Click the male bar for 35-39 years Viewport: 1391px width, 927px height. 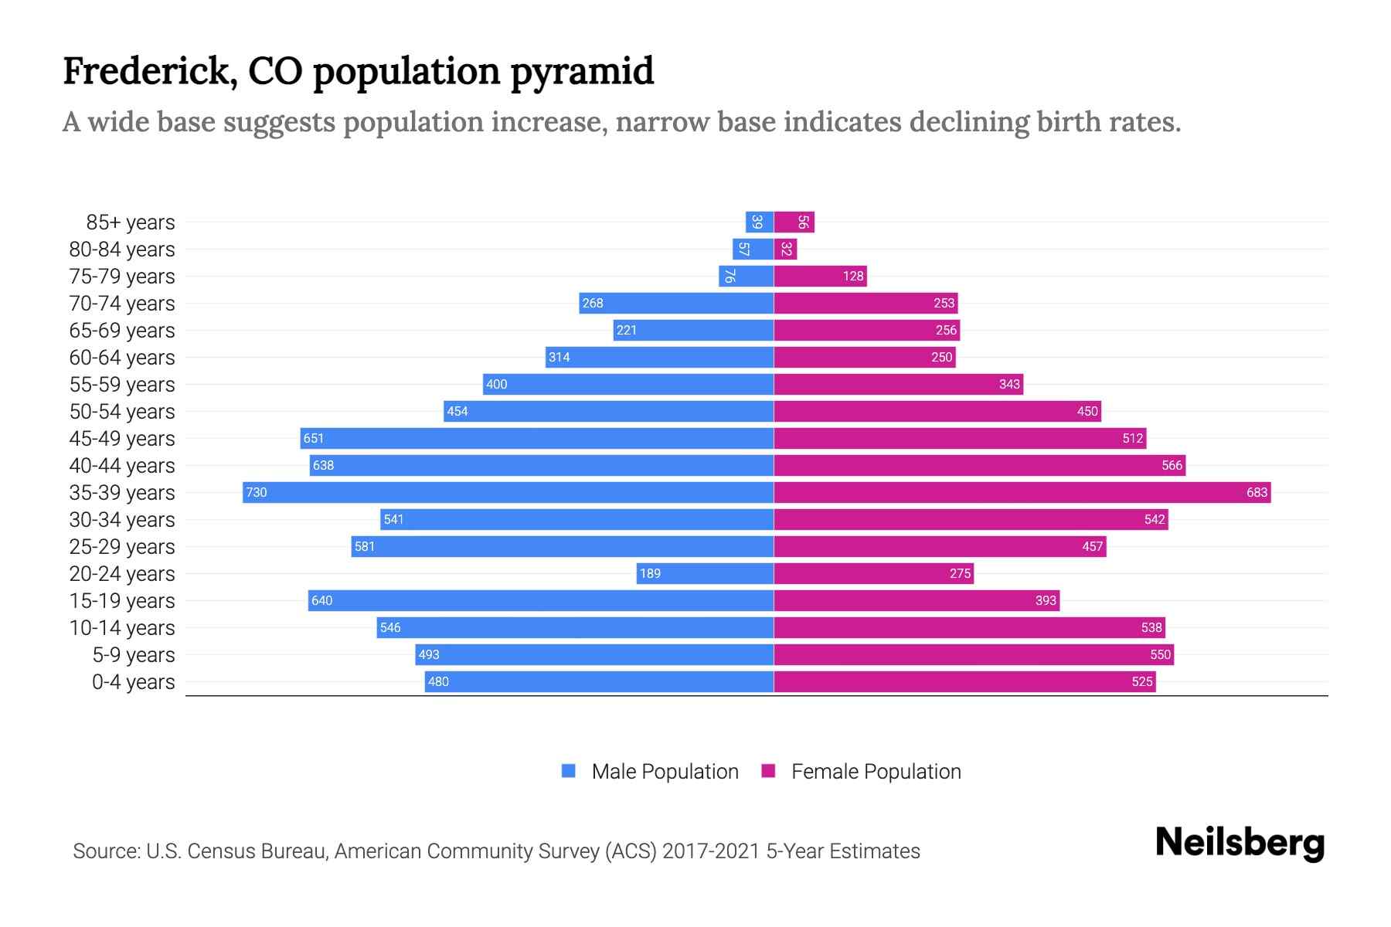508,492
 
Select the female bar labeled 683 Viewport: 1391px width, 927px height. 1022,492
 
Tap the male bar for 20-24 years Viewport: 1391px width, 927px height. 705,573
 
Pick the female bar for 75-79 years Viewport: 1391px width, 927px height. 820,276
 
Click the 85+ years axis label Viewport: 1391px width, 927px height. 130,222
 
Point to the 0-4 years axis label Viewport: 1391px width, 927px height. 133,682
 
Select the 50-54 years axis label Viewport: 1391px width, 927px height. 122,412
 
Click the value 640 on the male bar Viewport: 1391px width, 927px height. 321,600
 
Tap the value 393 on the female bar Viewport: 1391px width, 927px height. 1045,600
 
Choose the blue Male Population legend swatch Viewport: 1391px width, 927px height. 569,771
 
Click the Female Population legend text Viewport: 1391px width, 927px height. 876,772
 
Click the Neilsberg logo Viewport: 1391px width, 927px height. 1240,843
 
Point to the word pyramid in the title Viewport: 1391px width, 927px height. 582,72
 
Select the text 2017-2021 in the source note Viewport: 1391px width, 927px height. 710,851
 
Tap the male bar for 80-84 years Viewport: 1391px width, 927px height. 753,249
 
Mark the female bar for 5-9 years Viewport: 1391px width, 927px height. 974,654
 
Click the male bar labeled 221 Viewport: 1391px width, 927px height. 693,330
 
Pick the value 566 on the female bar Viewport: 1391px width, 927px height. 1172,465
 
